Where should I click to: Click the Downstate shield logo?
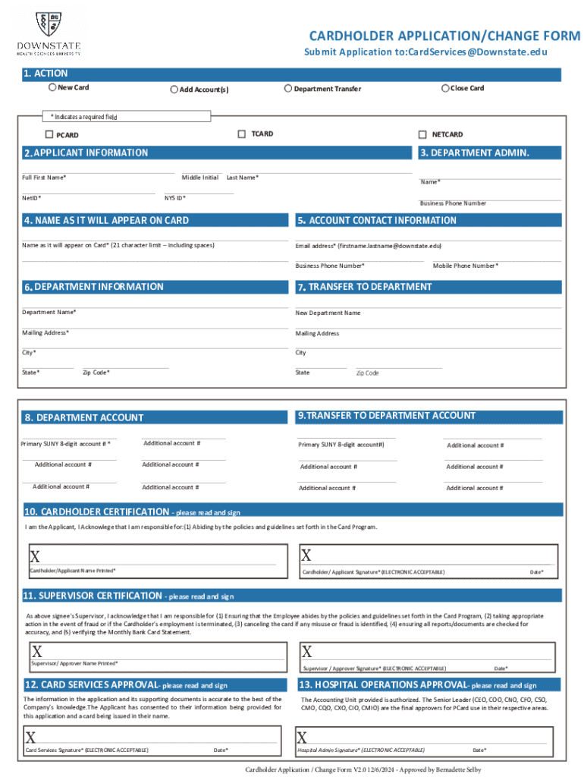[x=49, y=25]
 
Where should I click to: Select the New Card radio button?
[x=52, y=87]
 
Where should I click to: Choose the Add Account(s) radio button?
[x=174, y=90]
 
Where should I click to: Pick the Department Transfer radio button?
[x=288, y=89]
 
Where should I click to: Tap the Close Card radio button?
[x=445, y=88]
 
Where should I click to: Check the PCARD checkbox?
[x=49, y=135]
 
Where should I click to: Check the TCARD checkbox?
[x=243, y=134]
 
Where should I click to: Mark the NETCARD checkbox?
[x=422, y=134]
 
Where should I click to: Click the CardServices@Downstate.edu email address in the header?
[x=477, y=52]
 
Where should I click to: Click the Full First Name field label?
[x=44, y=178]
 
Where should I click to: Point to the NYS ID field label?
[x=175, y=198]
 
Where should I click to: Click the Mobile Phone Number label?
[x=465, y=266]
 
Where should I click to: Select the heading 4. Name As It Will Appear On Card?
[x=106, y=220]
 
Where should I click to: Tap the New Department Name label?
[x=328, y=313]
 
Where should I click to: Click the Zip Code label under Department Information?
[x=96, y=373]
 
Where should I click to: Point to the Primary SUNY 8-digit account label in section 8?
[x=66, y=444]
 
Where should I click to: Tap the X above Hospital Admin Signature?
[x=302, y=738]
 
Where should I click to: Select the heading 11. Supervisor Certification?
[x=92, y=596]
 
